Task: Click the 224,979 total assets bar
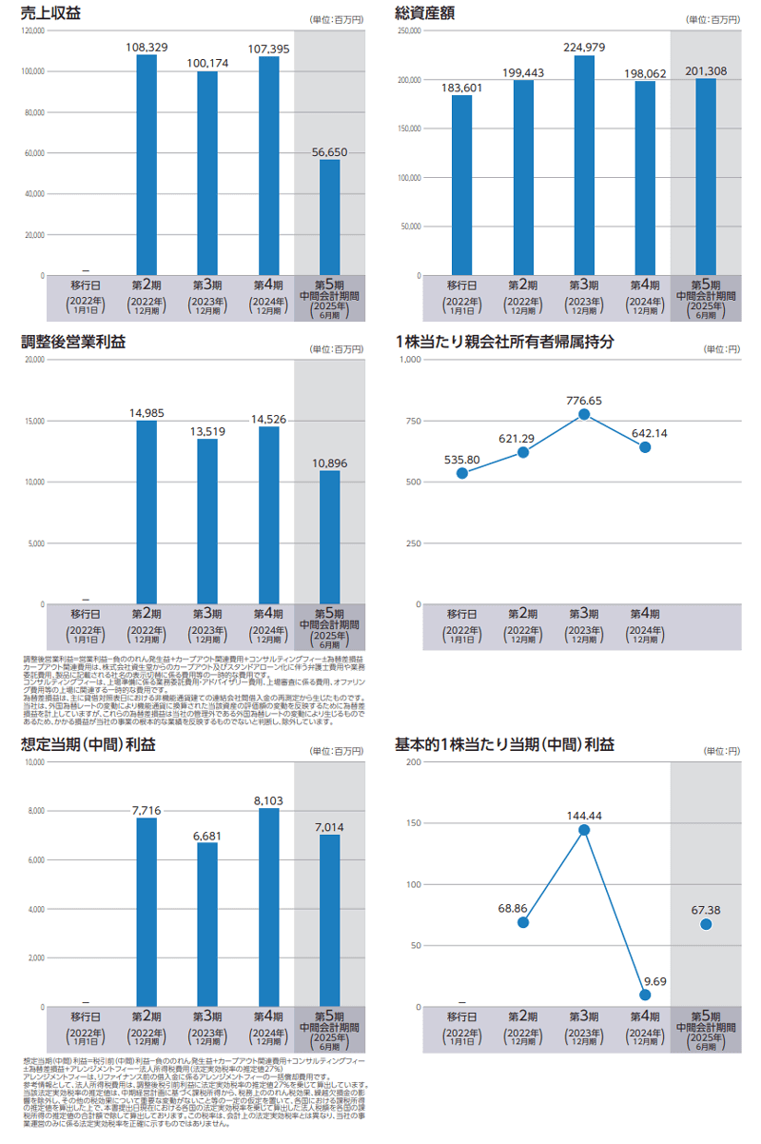tap(584, 166)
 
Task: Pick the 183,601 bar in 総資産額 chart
tap(461, 186)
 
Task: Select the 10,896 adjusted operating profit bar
tap(329, 537)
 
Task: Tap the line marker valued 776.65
tap(584, 414)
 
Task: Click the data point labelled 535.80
tap(461, 473)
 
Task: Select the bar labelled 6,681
tap(207, 924)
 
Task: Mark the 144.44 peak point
tap(584, 830)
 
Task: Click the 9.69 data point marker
tap(645, 995)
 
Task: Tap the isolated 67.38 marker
tap(706, 924)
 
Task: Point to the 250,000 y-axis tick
tap(409, 30)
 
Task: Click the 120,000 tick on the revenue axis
tap(32, 30)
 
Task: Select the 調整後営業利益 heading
tap(73, 341)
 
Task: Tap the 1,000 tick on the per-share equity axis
tap(411, 360)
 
